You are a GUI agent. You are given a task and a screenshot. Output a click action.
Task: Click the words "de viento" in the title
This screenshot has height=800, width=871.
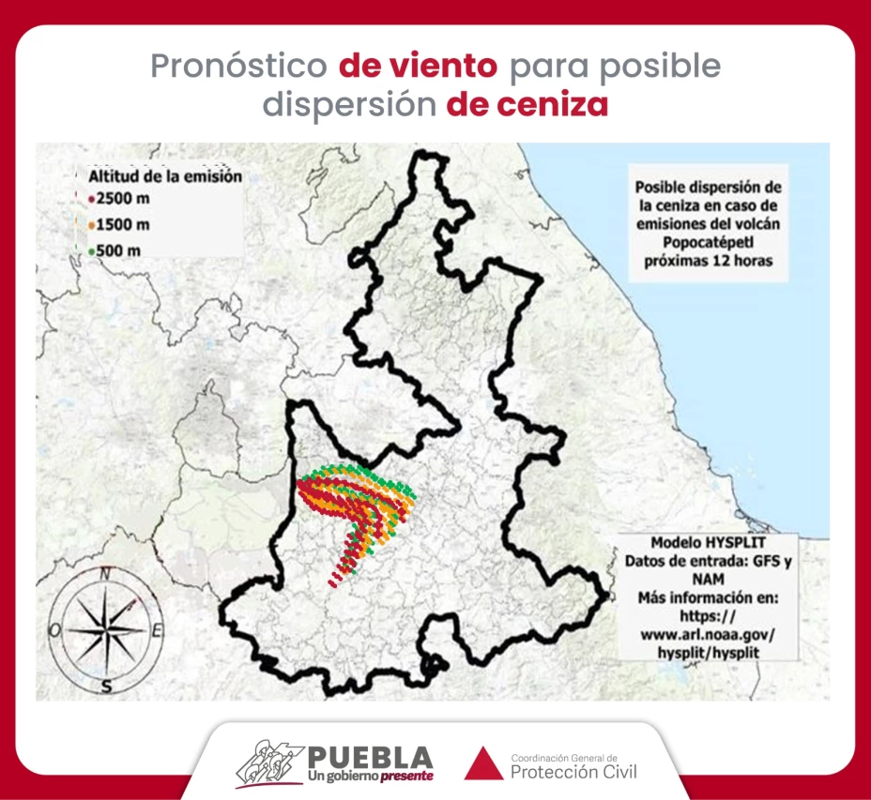coord(418,67)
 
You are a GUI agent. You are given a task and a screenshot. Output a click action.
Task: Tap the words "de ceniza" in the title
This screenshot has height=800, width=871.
coord(527,104)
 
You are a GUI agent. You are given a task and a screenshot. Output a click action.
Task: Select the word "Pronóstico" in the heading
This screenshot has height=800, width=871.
coord(239,67)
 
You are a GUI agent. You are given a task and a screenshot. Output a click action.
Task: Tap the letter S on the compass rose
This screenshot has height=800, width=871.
coord(107,686)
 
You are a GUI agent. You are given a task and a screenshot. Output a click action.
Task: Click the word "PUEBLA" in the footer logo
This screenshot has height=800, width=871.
coord(370,757)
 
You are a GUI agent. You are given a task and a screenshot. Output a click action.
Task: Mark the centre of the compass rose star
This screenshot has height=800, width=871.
coord(107,629)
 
